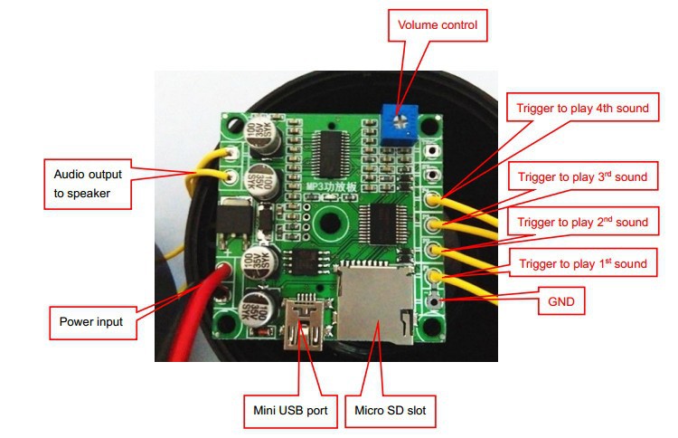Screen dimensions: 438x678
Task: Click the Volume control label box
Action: [x=437, y=26]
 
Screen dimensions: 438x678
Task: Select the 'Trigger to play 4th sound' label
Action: [x=583, y=109]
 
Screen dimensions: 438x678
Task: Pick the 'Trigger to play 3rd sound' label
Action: [x=582, y=176]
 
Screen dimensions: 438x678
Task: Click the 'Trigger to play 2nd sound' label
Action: [x=583, y=222]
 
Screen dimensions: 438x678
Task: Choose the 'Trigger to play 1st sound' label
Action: [x=582, y=264]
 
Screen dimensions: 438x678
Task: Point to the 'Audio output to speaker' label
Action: [x=88, y=180]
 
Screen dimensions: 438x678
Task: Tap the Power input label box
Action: [x=90, y=321]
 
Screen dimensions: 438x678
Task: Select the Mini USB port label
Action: [x=290, y=412]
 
